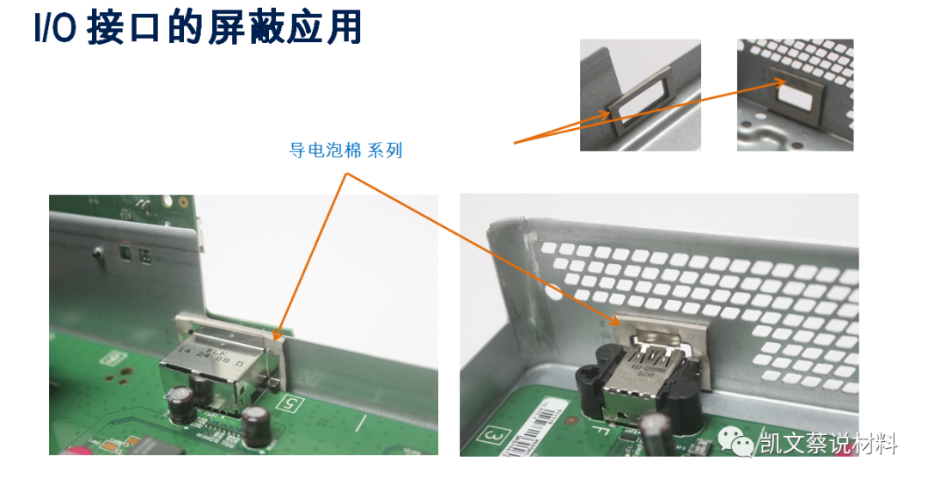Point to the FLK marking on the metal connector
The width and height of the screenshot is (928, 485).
217,350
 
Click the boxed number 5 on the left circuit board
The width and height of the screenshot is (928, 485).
290,401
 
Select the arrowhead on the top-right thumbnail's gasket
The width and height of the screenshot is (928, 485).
783,83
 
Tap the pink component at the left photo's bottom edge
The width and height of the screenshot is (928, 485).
72,451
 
